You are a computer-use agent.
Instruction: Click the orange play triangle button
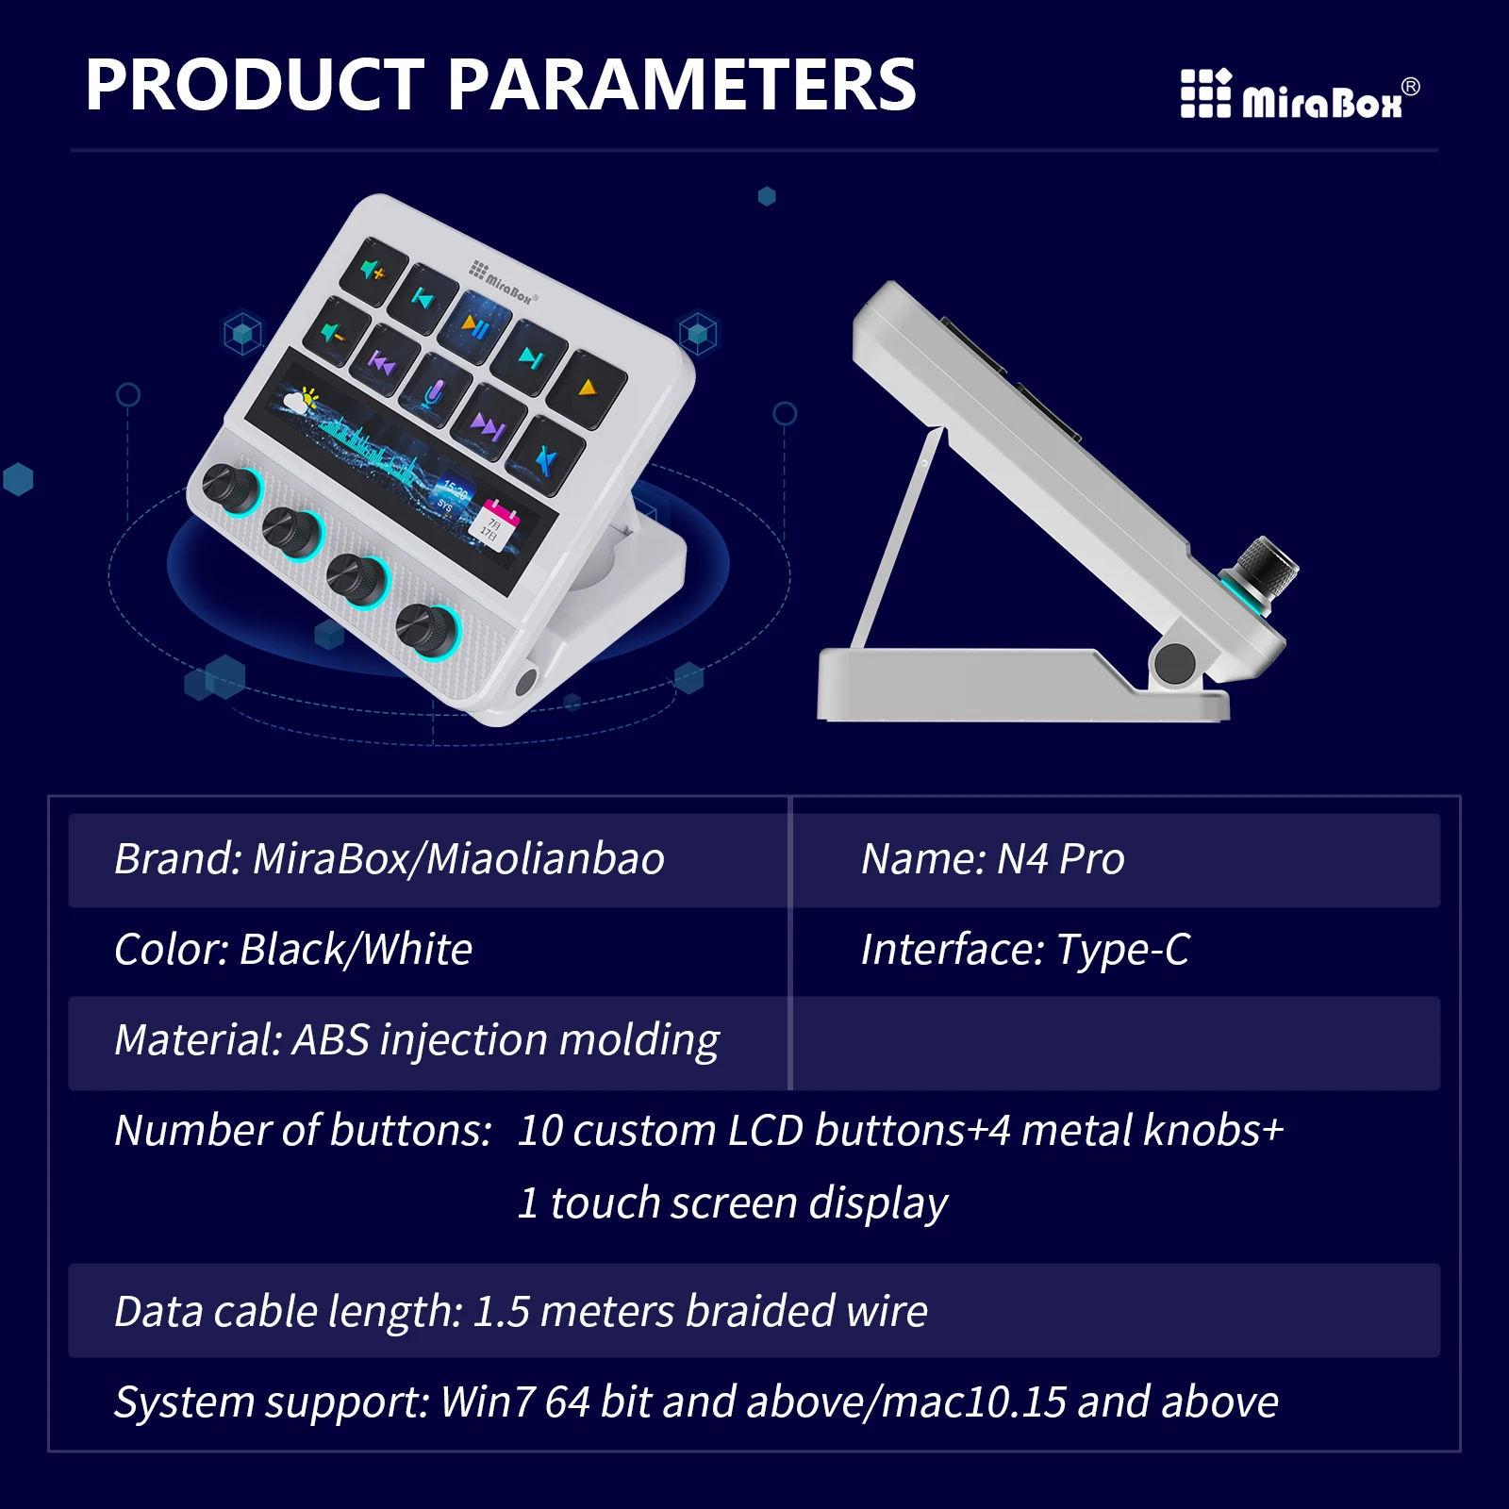pos(587,386)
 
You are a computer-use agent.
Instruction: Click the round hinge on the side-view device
pos(1174,663)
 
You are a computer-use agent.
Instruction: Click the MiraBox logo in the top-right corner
pos(1300,94)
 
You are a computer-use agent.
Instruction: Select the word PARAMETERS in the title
pos(681,85)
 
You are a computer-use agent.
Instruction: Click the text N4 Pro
pos(1060,859)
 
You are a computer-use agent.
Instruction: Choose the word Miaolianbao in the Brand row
pos(546,859)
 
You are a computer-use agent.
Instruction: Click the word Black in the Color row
pos(290,950)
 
